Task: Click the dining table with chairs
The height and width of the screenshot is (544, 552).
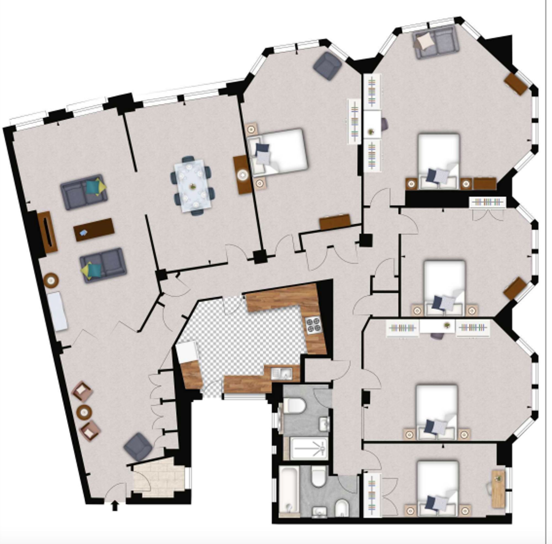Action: [x=193, y=186]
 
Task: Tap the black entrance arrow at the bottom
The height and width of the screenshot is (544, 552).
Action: [x=115, y=506]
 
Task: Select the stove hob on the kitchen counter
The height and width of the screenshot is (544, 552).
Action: [x=314, y=325]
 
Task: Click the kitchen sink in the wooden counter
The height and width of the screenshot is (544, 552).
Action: [x=282, y=373]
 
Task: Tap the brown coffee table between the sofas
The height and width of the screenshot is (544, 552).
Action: [x=94, y=230]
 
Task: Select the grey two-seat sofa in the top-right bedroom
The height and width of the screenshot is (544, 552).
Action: [x=436, y=42]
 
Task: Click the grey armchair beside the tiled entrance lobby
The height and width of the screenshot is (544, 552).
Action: [x=138, y=446]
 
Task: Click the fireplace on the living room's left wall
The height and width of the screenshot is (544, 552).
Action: [x=47, y=232]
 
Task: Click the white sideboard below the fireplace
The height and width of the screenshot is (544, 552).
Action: [x=57, y=311]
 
